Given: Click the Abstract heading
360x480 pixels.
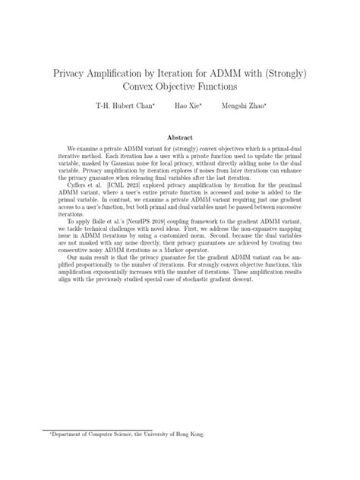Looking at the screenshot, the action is (180, 137).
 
